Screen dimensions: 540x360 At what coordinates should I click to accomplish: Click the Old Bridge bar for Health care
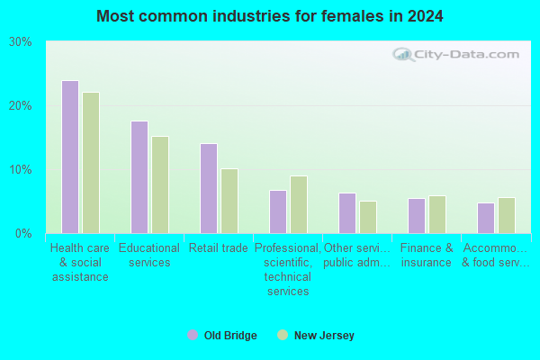click(x=70, y=157)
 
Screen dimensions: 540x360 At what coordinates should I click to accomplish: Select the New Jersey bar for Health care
click(x=91, y=163)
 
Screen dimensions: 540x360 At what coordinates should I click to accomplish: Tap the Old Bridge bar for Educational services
click(x=139, y=177)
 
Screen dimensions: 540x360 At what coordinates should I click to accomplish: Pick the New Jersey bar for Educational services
click(x=160, y=185)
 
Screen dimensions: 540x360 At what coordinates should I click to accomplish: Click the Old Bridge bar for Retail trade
click(x=209, y=189)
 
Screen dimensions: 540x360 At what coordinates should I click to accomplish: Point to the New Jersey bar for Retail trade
click(x=229, y=202)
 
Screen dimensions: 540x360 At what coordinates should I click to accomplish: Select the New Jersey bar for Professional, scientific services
click(x=299, y=205)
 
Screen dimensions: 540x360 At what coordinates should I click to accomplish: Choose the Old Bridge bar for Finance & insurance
click(x=417, y=216)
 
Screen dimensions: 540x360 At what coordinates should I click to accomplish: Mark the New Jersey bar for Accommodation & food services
click(x=507, y=216)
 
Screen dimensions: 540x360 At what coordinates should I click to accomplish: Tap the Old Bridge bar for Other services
click(x=347, y=213)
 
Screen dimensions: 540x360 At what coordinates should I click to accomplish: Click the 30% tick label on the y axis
click(x=21, y=42)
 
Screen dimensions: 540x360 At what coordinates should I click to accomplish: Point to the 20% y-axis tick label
click(x=21, y=106)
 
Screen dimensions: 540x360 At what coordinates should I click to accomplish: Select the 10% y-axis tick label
click(x=21, y=170)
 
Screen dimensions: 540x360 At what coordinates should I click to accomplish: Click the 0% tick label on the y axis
click(x=23, y=234)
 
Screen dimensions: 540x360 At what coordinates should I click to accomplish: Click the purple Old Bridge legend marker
click(x=193, y=335)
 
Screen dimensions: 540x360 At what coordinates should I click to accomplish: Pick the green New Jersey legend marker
click(x=283, y=335)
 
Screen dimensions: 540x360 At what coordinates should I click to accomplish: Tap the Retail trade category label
click(x=219, y=248)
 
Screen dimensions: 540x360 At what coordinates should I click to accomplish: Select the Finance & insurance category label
click(x=427, y=256)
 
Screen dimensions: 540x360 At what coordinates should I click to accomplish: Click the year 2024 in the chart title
click(x=426, y=16)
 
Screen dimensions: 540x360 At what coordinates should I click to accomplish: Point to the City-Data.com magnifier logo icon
click(x=403, y=55)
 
